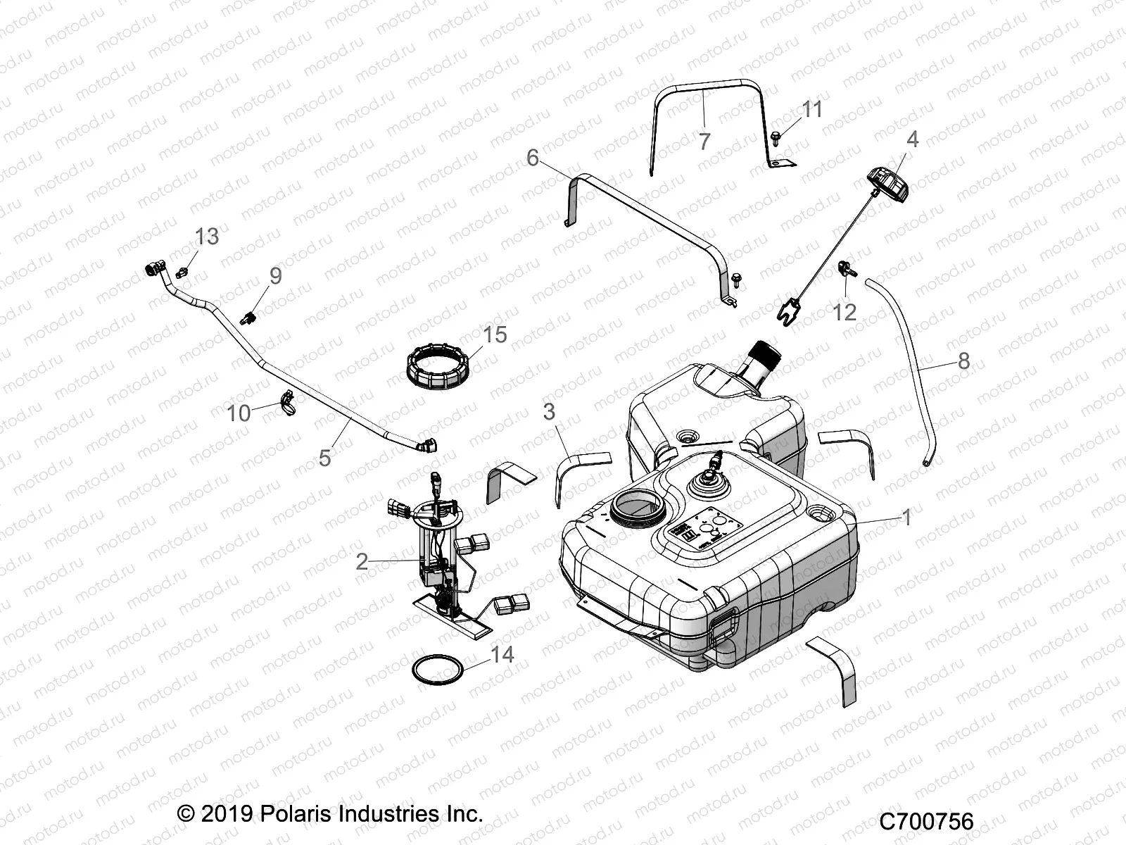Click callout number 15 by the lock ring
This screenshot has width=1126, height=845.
[495, 334]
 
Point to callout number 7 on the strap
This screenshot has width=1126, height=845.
[704, 142]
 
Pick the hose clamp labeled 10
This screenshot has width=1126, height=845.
[289, 402]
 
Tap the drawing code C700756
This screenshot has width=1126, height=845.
[926, 821]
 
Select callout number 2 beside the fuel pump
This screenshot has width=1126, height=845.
[362, 561]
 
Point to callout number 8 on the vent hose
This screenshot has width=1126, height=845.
[963, 361]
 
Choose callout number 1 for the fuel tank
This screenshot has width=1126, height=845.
[907, 518]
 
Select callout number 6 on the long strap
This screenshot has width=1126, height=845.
[533, 158]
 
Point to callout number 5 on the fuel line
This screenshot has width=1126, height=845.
[324, 458]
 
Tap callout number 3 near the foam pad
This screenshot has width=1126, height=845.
[550, 411]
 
